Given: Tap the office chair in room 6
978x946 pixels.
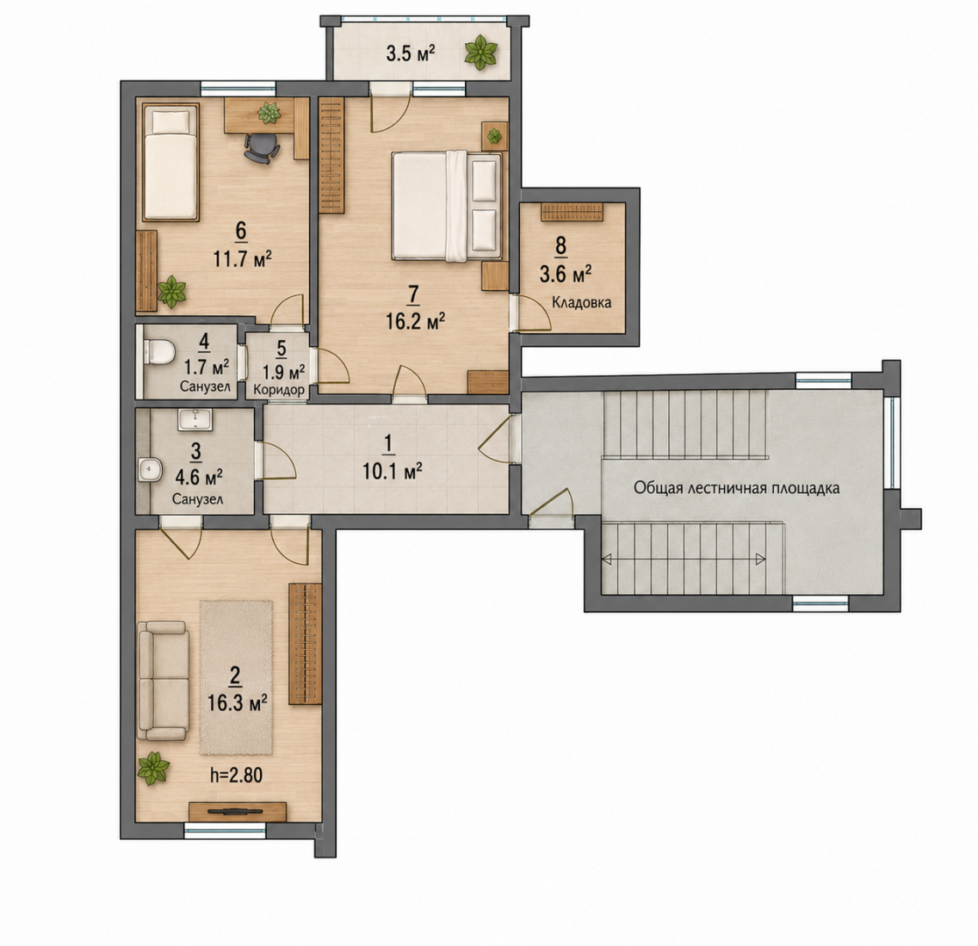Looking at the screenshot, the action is click(261, 148).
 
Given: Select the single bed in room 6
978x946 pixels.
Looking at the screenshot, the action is click(170, 162).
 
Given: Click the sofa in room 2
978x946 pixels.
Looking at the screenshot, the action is click(163, 681).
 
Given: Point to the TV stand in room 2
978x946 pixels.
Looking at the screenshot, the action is click(237, 811).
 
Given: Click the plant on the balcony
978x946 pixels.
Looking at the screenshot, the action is click(481, 52).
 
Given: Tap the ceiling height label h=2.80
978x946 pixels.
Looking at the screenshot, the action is click(236, 776).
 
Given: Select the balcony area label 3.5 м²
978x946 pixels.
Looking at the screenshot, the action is click(411, 53).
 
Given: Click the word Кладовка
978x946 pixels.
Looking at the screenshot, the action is click(581, 303).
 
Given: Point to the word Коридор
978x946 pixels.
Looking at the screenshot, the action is click(278, 391).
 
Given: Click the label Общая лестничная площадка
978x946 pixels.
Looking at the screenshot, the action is click(736, 487).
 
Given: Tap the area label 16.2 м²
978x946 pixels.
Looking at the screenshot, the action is click(415, 321).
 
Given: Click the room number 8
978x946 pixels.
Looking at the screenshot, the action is click(560, 245).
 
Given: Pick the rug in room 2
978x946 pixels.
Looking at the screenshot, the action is click(236, 677).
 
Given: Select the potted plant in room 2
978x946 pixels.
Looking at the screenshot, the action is click(153, 769).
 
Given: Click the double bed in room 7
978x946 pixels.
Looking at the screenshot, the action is click(447, 205).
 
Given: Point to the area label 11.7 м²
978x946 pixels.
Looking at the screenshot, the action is click(243, 258).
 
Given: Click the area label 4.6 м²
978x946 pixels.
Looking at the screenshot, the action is click(199, 478).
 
